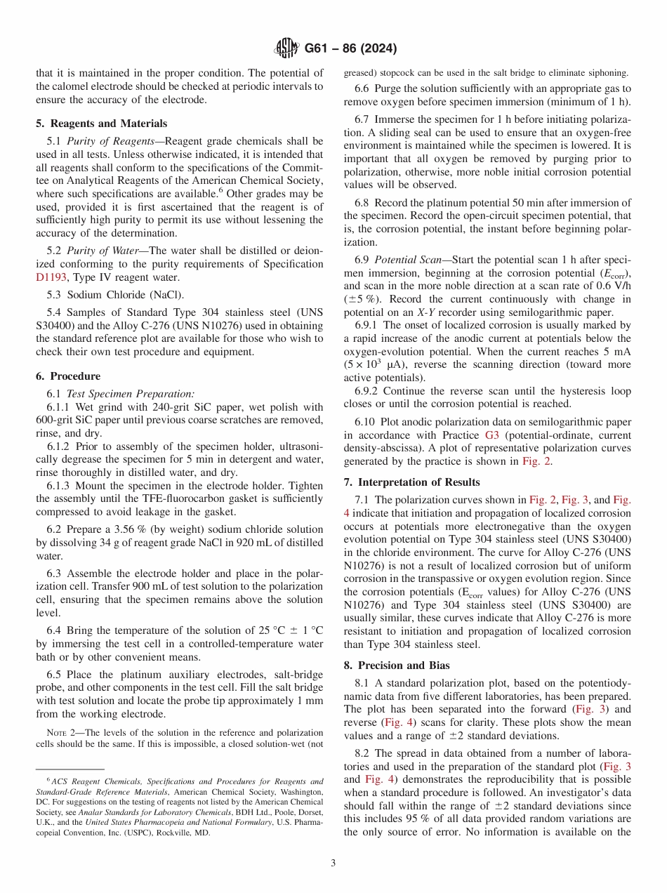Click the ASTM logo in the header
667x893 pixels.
click(x=286, y=48)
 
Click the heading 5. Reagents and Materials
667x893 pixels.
click(x=101, y=123)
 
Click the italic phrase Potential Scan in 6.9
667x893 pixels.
click(x=408, y=259)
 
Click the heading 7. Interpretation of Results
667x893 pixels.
click(x=411, y=482)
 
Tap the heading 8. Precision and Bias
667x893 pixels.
click(x=397, y=666)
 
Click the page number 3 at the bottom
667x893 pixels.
click(x=333, y=863)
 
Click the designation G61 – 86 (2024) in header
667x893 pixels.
click(x=350, y=48)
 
